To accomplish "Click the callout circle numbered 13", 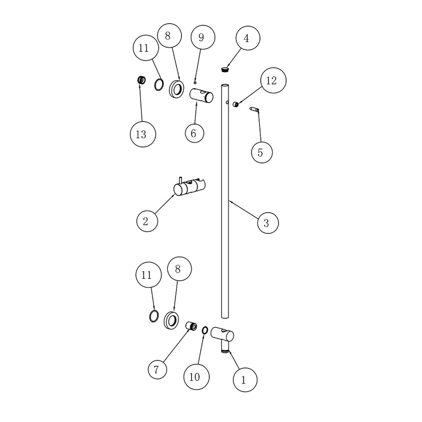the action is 143,134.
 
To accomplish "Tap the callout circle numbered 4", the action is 248,38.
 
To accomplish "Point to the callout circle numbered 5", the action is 262,152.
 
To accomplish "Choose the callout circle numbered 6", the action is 194,133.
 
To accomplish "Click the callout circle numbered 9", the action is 203,37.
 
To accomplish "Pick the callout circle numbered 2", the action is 147,221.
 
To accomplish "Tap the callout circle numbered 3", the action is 268,223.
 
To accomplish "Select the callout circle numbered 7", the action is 157,369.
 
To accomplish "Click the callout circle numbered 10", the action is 196,377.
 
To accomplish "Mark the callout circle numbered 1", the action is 245,380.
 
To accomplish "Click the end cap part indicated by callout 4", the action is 225,69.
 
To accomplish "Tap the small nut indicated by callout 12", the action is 236,105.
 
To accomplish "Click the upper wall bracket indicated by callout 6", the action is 201,96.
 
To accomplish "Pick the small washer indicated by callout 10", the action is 205,330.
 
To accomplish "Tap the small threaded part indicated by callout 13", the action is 141,80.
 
